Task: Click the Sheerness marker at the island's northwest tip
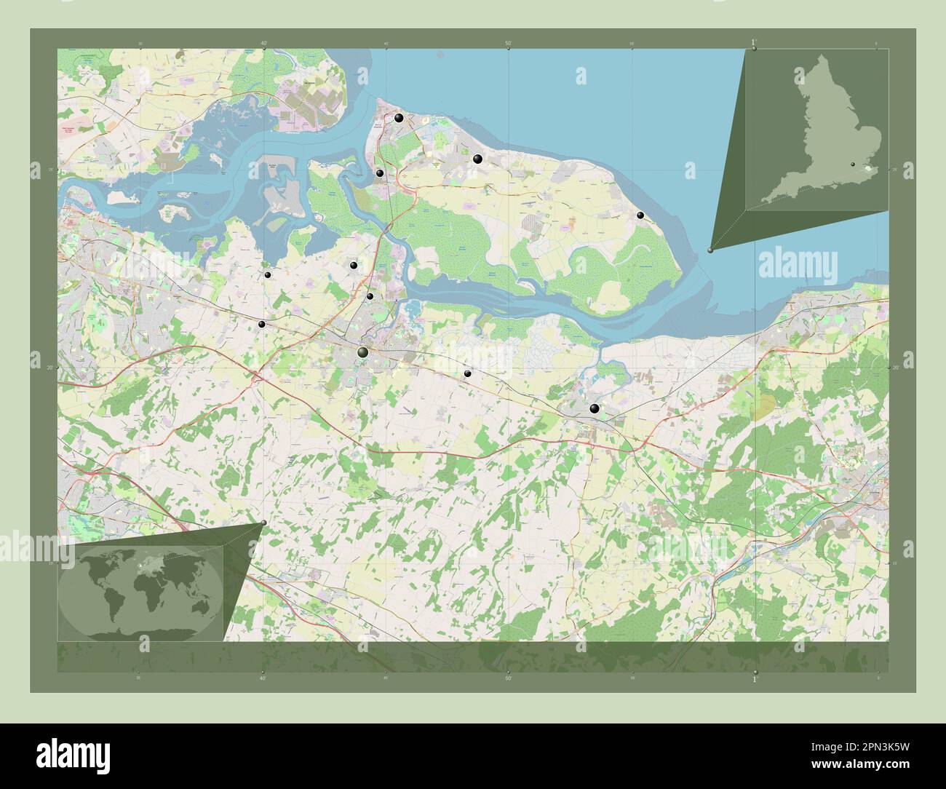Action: [399, 118]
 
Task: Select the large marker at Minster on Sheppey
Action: [478, 159]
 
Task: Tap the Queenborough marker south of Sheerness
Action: [380, 173]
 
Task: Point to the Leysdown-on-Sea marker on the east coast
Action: [640, 215]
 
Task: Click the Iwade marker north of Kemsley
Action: [354, 266]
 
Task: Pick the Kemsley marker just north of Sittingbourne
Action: [370, 296]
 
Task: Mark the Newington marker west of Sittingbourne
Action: [261, 324]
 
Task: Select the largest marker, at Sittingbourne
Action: [363, 352]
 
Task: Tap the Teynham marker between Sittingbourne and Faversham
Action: [468, 373]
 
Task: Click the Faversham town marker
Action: [595, 408]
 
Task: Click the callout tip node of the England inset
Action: [711, 250]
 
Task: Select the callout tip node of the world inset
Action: [263, 523]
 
